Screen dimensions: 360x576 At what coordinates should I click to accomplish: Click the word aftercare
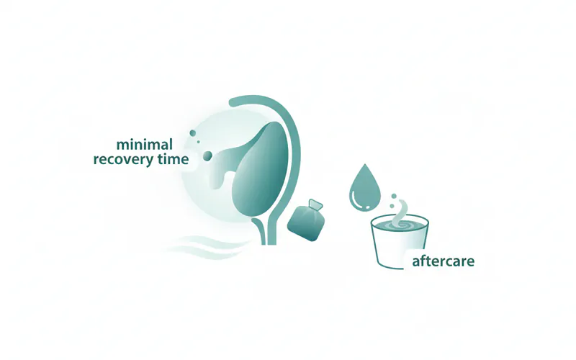(x=443, y=261)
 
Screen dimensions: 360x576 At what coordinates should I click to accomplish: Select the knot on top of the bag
(x=313, y=206)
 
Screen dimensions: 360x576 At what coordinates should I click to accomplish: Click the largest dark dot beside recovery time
(x=207, y=156)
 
